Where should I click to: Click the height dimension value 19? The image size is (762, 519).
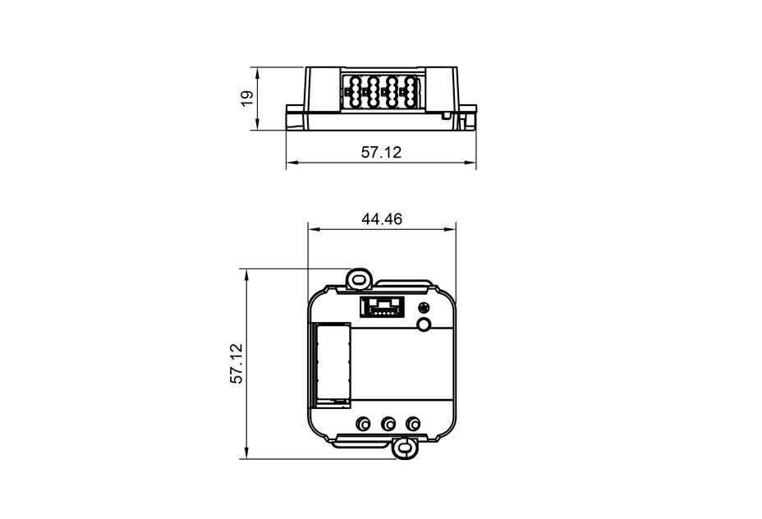pyautogui.click(x=247, y=99)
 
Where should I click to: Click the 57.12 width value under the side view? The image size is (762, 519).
pyautogui.click(x=381, y=153)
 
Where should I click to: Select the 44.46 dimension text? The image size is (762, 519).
pyautogui.click(x=382, y=219)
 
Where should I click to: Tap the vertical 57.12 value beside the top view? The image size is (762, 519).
pyautogui.click(x=236, y=364)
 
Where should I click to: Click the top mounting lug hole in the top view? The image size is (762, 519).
pyautogui.click(x=360, y=279)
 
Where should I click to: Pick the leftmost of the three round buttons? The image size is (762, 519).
pyautogui.click(x=363, y=423)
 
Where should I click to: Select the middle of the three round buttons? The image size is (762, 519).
pyautogui.click(x=388, y=423)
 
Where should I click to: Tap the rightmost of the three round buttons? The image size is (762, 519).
pyautogui.click(x=412, y=423)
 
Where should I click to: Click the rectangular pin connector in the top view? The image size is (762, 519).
pyautogui.click(x=382, y=307)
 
